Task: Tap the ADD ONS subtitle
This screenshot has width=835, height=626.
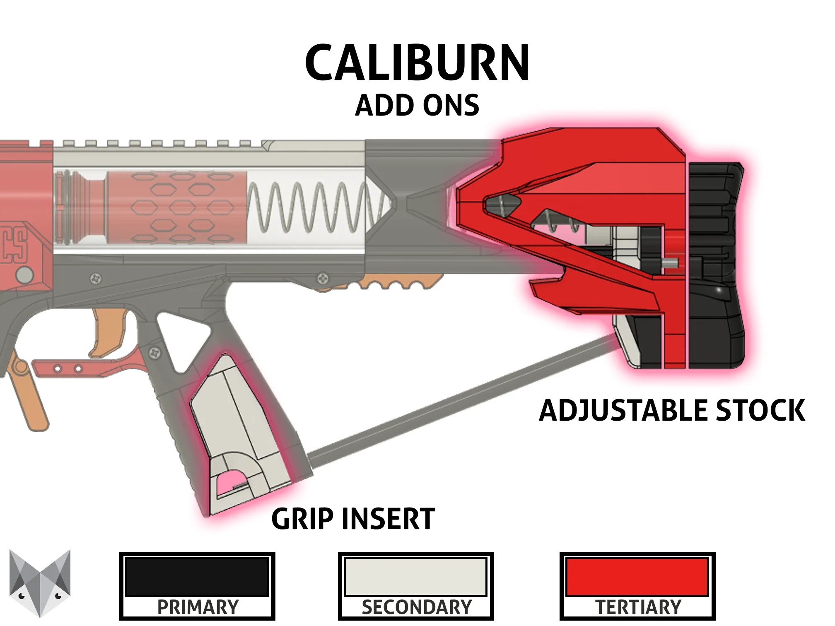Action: [x=417, y=105]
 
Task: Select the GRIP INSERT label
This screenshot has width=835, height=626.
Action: [x=353, y=519]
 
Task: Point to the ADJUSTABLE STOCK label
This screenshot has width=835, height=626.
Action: [x=672, y=410]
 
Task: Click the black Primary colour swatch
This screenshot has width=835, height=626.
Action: [x=197, y=577]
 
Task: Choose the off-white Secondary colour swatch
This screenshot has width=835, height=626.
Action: [x=415, y=577]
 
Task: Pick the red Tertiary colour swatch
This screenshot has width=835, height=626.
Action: [x=637, y=577]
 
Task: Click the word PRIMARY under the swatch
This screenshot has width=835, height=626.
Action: [x=198, y=607]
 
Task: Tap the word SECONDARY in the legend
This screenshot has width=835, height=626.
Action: [x=416, y=607]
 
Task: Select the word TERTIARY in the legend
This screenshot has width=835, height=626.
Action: [x=638, y=607]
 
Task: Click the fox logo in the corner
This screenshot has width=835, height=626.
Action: [x=40, y=583]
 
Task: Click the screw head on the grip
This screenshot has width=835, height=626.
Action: [x=155, y=353]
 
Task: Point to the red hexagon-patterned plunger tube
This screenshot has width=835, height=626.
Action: [x=178, y=207]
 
